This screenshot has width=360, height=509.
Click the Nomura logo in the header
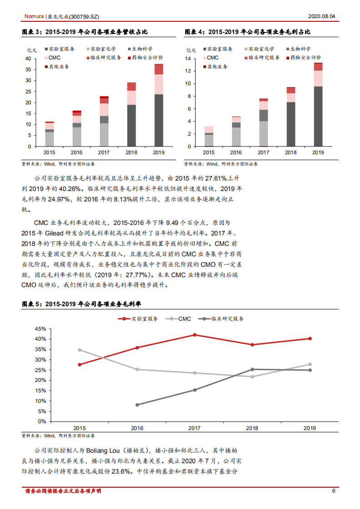coord(34,16)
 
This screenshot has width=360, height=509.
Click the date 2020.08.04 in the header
coord(321,16)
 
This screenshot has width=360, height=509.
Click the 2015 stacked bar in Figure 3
coord(49,134)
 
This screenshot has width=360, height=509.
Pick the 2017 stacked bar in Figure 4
coord(264,122)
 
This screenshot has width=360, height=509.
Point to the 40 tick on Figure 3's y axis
coord(28,59)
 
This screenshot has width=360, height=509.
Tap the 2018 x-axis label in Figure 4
coord(291,152)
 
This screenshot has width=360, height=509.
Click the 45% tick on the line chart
coord(40,329)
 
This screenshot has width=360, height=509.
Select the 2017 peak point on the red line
coord(194,335)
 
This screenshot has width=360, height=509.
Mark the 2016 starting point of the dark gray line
coord(137,405)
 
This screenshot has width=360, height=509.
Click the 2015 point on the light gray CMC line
coord(79,350)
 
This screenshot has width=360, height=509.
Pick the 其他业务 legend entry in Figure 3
coord(57,67)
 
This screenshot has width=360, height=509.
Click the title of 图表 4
coord(247,32)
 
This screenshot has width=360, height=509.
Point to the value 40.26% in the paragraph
coord(69,188)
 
